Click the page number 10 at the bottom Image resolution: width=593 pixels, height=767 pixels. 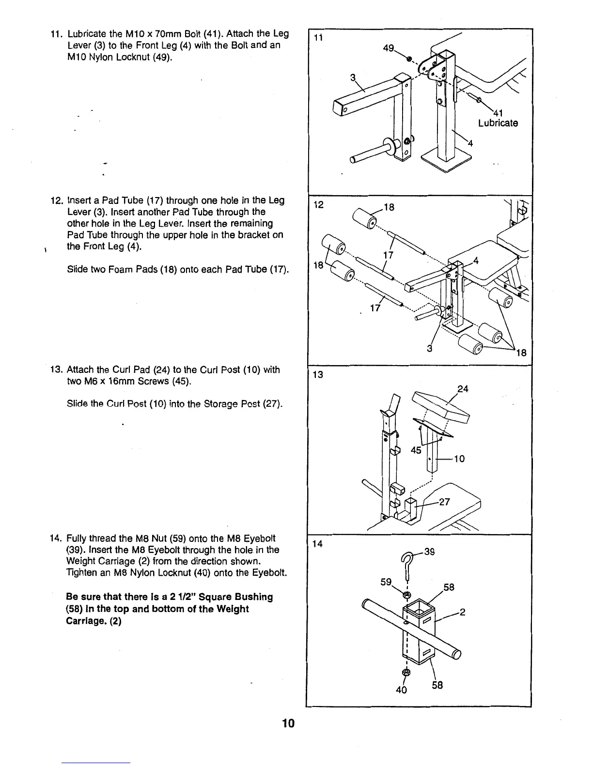[288, 723]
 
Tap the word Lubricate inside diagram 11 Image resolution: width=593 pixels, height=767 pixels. [498, 123]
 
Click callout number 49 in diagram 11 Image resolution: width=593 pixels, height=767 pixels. [388, 49]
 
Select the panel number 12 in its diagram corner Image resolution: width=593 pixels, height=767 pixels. [318, 205]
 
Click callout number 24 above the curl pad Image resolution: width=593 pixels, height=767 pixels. [463, 388]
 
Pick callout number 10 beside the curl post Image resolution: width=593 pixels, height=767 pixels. [459, 458]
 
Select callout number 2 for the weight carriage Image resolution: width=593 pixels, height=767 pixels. [462, 612]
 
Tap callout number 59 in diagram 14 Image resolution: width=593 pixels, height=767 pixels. [386, 582]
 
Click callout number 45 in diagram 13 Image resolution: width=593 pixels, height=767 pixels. [416, 450]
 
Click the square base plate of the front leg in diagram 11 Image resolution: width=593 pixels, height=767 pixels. [446, 160]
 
